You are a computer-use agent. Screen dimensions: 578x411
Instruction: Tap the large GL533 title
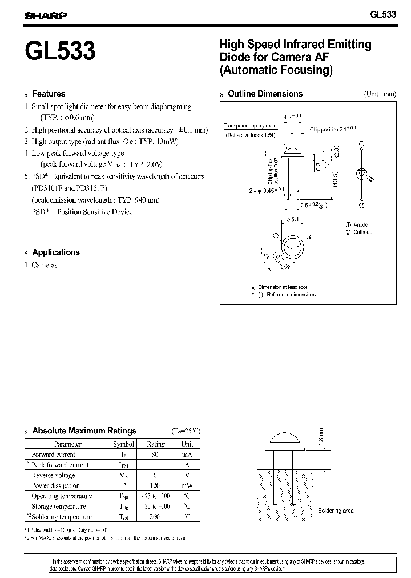(60, 53)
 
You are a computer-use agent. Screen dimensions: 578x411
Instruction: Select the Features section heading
(49, 94)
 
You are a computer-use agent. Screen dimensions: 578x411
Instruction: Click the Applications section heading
(56, 252)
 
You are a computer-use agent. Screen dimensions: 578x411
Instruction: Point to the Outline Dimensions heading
(265, 94)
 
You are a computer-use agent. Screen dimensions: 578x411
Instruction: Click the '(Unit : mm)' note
(380, 94)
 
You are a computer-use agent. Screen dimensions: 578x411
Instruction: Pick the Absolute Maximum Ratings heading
(84, 431)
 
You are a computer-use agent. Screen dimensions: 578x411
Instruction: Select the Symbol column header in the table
(124, 444)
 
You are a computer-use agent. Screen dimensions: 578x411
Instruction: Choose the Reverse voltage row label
(53, 475)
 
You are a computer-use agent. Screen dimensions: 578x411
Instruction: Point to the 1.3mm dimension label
(336, 437)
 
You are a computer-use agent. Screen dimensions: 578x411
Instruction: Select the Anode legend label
(361, 224)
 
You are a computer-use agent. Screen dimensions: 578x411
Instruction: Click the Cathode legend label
(362, 232)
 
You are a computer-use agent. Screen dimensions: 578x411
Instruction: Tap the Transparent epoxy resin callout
(250, 126)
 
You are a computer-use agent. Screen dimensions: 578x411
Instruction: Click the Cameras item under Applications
(45, 265)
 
